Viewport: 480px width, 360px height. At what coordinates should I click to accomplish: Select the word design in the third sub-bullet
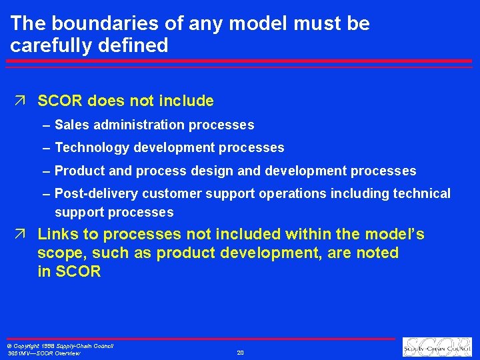click(213, 171)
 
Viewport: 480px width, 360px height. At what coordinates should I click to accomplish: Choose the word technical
click(423, 193)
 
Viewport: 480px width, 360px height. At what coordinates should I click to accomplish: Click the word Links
click(60, 234)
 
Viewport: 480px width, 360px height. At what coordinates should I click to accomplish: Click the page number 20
click(240, 353)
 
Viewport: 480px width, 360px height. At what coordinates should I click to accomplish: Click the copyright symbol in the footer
click(9, 346)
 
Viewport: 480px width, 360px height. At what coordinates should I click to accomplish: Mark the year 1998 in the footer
click(45, 346)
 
